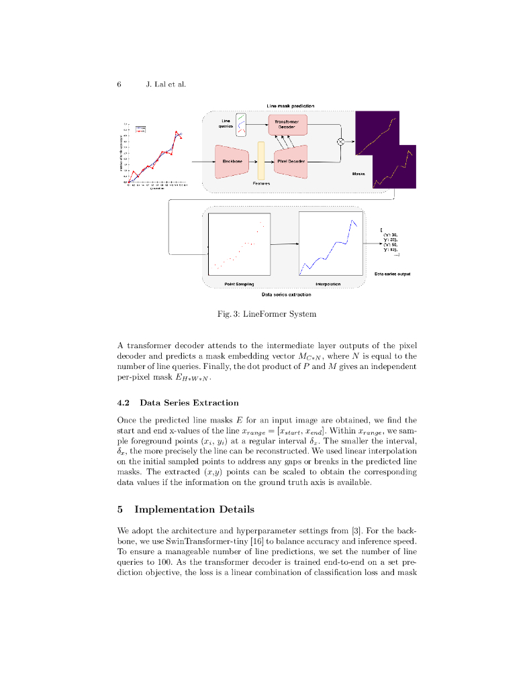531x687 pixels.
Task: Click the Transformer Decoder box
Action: [287, 124]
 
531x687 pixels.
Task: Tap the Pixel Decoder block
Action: [290, 162]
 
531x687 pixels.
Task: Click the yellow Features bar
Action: [261, 161]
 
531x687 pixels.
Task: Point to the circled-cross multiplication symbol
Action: [340, 142]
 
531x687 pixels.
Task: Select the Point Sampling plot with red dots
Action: [240, 244]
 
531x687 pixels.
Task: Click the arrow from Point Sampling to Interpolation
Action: [285, 244]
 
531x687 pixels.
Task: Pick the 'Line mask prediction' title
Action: [290, 106]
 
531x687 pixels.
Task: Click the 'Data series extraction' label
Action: [286, 295]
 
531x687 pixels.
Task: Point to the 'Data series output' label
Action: [392, 274]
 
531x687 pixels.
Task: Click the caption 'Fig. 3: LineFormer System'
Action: [267, 314]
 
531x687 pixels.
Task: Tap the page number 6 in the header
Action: [119, 85]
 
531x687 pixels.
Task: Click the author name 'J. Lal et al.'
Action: [165, 85]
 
